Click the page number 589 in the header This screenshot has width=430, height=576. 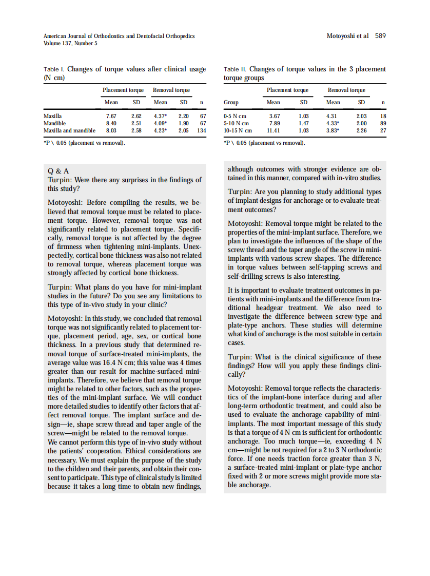point(380,36)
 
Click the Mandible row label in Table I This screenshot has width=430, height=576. point(54,123)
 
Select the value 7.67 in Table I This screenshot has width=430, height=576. point(111,116)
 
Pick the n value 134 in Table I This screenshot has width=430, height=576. point(201,130)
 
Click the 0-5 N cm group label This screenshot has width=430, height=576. point(236,116)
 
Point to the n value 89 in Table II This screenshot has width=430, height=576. point(383,123)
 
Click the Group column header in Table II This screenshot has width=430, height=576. point(231,102)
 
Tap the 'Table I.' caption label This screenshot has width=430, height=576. point(54,69)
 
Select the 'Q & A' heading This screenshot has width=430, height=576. point(58,170)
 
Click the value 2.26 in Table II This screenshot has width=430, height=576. point(362,130)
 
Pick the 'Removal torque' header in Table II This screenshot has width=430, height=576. point(346,90)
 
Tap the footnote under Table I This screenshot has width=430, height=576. point(85,142)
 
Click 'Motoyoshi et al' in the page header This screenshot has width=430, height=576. point(347,36)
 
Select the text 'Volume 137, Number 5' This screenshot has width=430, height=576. point(70,43)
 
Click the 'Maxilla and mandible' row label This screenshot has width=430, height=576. point(69,130)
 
